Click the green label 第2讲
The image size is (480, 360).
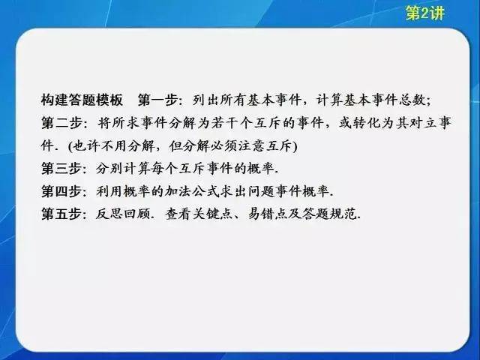click(425, 13)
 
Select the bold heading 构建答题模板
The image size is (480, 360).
click(82, 100)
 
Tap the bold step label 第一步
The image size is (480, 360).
click(157, 100)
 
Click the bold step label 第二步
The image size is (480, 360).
click(61, 123)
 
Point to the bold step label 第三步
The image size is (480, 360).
click(61, 168)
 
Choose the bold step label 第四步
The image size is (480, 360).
click(61, 191)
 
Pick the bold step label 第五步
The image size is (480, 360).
click(61, 214)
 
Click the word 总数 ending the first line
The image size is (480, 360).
click(412, 100)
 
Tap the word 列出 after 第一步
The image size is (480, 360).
click(206, 100)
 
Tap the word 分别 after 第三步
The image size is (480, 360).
click(109, 168)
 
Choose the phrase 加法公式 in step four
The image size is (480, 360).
click(192, 191)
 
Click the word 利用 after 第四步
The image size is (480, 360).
click(109, 191)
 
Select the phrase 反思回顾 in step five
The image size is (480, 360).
click(122, 214)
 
